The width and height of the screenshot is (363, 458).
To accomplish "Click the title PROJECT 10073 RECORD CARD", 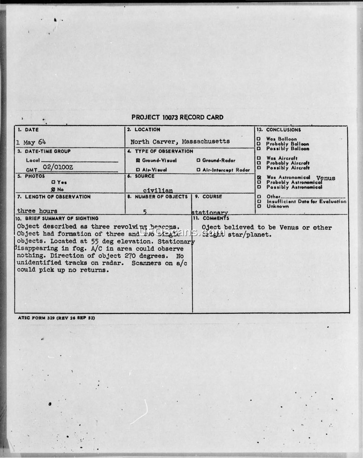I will [x=177, y=117].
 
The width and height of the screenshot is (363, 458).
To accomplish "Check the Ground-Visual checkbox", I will [x=138, y=161].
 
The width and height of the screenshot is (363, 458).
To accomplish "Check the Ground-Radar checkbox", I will [x=199, y=161].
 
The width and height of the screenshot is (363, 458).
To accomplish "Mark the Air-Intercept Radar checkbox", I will [x=199, y=170].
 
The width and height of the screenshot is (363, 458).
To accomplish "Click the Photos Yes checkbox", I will [x=53, y=182].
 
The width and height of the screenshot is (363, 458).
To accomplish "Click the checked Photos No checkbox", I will [x=53, y=189].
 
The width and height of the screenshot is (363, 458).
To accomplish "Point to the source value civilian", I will [x=157, y=191].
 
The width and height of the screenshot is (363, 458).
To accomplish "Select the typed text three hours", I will [x=37, y=211].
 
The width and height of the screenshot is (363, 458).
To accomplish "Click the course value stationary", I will [x=210, y=212].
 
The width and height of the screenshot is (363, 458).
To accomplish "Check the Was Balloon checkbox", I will [x=259, y=139].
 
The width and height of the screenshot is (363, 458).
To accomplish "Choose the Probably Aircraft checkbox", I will [x=259, y=163].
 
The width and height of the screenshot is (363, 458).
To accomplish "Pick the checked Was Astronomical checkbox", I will [x=259, y=178].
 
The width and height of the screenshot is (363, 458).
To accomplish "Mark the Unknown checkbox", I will [x=259, y=207].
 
